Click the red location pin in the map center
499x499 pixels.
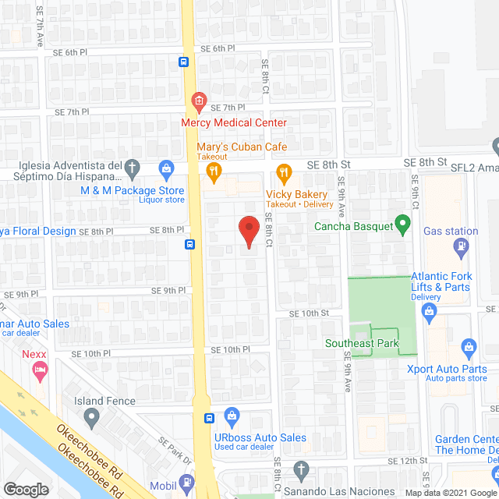click(x=248, y=231)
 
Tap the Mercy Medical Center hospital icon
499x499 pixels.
click(x=199, y=101)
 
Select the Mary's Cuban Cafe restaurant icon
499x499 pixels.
click(x=212, y=171)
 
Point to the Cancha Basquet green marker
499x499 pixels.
click(x=402, y=227)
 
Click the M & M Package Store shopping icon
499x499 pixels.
click(x=165, y=168)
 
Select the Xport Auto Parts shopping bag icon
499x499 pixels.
click(x=468, y=346)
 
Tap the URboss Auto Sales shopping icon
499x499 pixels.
click(x=231, y=415)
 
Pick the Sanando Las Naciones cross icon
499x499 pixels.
click(x=303, y=470)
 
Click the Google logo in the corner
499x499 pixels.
click(x=25, y=489)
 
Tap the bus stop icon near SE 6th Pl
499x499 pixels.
click(x=183, y=63)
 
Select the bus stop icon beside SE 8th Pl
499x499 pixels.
click(x=189, y=244)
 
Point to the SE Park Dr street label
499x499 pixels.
click(x=175, y=451)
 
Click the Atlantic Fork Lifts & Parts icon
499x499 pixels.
click(x=428, y=312)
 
